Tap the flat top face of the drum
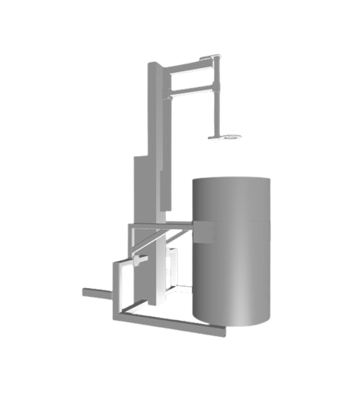(232, 180)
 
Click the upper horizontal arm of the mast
(191, 67)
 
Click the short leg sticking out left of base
(96, 292)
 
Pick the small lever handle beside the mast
(138, 261)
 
